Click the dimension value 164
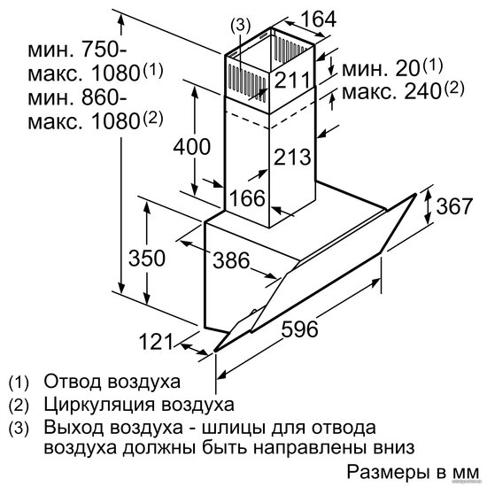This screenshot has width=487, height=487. coord(319,19)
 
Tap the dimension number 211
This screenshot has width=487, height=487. coord(292,80)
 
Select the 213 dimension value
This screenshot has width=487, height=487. coord(292,156)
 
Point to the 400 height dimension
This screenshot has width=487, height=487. coord(191,146)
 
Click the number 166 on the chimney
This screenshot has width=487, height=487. coord(248,197)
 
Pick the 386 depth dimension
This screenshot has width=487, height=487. coord(231,260)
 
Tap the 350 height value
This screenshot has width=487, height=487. coord(147,258)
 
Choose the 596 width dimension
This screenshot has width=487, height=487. coord(299,329)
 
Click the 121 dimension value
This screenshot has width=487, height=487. coord(155,341)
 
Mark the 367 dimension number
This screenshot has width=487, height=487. coord(454,205)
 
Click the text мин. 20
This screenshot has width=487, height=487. coord(381,69)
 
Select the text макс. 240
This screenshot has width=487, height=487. coord(391,91)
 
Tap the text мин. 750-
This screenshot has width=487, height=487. coord(77,50)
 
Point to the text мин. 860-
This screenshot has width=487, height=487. coord(77,97)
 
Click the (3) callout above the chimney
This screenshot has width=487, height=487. coord(240,26)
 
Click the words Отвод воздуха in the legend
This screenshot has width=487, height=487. coord(112,381)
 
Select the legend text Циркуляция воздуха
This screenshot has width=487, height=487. coord(139,405)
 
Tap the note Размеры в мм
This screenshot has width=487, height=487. coord(413,472)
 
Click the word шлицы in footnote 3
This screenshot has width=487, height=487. coord(231,428)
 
